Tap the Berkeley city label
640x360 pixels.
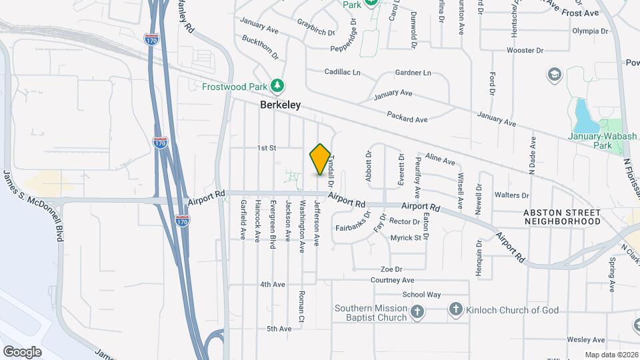coord(280,105)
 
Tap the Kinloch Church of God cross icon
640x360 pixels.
coord(455,309)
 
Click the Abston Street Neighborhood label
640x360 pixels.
coord(562,217)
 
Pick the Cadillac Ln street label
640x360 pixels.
coord(342,72)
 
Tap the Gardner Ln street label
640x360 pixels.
coord(413,73)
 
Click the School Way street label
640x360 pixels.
coord(421,295)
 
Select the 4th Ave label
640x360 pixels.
coord(273,284)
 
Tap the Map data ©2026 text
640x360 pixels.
coord(611,355)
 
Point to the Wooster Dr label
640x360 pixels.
coord(526,51)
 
